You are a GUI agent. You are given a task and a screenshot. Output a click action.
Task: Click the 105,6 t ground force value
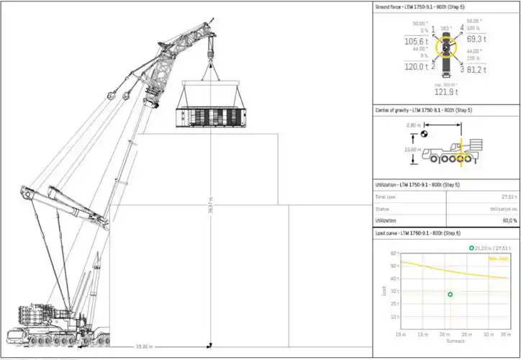tap(415, 42)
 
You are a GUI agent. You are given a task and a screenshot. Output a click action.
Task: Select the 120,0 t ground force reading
tap(415, 67)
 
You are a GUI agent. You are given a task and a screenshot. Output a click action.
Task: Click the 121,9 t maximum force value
tap(446, 92)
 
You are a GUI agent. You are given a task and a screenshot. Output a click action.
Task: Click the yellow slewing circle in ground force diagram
tap(446, 48)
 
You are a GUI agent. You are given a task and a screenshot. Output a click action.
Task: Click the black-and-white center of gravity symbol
tap(425, 133)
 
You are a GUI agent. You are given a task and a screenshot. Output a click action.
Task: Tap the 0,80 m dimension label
tap(413, 125)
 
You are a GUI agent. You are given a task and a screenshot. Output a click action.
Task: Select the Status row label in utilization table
tap(383, 209)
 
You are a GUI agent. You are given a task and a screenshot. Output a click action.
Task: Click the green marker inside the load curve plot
tap(450, 294)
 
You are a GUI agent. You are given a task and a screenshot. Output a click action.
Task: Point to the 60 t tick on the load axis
tap(393, 253)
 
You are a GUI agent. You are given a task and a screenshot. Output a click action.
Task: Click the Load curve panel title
tap(413, 233)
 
